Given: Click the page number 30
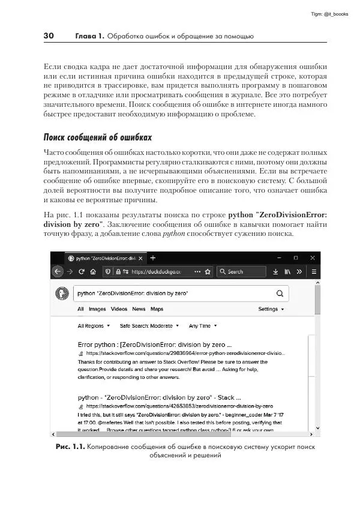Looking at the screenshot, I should pos(49,36).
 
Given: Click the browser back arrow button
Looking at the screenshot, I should pos(58,271).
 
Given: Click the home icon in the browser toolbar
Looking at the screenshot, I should pos(93,271).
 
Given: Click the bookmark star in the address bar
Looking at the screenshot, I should pos(208,271).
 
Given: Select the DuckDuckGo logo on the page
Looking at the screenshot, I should pos(62,294).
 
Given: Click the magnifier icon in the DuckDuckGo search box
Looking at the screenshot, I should pos(279,294).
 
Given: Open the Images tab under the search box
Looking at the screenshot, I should pos(97,309).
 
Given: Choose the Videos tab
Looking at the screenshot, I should pos(119,309).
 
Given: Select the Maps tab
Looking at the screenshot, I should pos(157,309).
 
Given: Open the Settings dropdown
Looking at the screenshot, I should pos(271,309).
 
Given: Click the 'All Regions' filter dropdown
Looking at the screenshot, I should pos(94,326).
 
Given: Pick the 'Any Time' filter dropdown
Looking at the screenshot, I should pos(202,326).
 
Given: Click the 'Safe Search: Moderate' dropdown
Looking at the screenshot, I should pos(149,326).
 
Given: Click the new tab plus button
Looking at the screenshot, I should pos(152,258).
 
